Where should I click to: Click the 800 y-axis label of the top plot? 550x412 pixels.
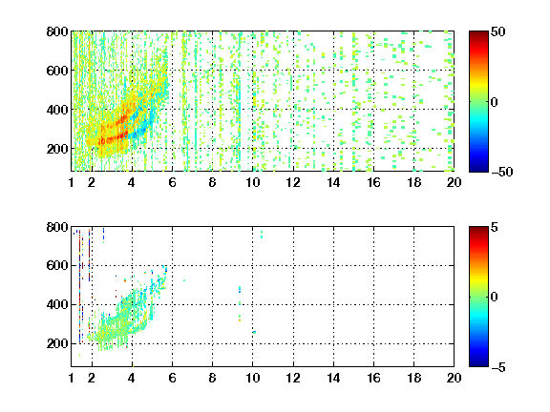57,31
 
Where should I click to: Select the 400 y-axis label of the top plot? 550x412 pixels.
57,110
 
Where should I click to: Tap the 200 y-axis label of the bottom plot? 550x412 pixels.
57,343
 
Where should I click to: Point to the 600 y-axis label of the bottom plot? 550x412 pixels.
57,265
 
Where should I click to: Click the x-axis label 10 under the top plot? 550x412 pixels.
252,182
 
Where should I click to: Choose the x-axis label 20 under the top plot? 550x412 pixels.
454,182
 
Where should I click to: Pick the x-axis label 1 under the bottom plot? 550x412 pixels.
72,378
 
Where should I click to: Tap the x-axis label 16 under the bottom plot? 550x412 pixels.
373,378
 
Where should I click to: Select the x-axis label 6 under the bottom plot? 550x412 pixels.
172,378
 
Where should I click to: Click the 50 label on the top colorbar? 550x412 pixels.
497,31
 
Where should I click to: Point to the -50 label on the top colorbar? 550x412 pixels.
502,172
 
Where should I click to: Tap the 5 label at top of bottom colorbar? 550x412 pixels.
495,227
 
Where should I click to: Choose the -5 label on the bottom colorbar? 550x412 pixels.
498,367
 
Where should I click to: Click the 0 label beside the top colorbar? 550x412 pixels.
495,102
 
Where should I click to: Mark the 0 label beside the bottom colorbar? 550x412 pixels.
495,298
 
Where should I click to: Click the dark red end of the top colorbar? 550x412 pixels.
478,34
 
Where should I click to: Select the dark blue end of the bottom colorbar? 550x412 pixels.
478,363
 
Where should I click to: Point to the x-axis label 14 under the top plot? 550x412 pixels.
333,182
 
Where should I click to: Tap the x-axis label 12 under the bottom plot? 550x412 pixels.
293,378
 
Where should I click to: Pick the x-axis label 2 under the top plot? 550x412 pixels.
92,182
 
